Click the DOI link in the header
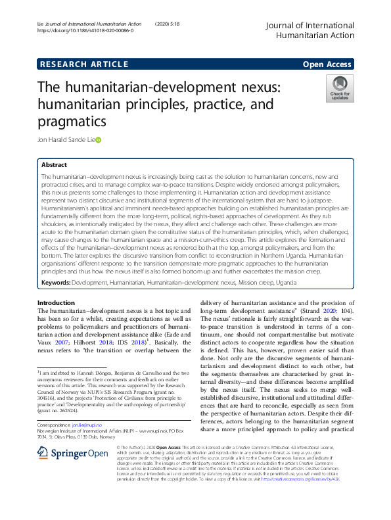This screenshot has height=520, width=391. click(85, 30)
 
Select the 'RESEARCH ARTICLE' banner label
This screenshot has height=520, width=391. click(83, 64)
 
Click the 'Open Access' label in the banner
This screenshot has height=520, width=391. click(328, 64)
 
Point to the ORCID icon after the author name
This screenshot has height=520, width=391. click(99, 139)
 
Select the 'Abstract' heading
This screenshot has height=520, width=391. click(54, 165)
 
